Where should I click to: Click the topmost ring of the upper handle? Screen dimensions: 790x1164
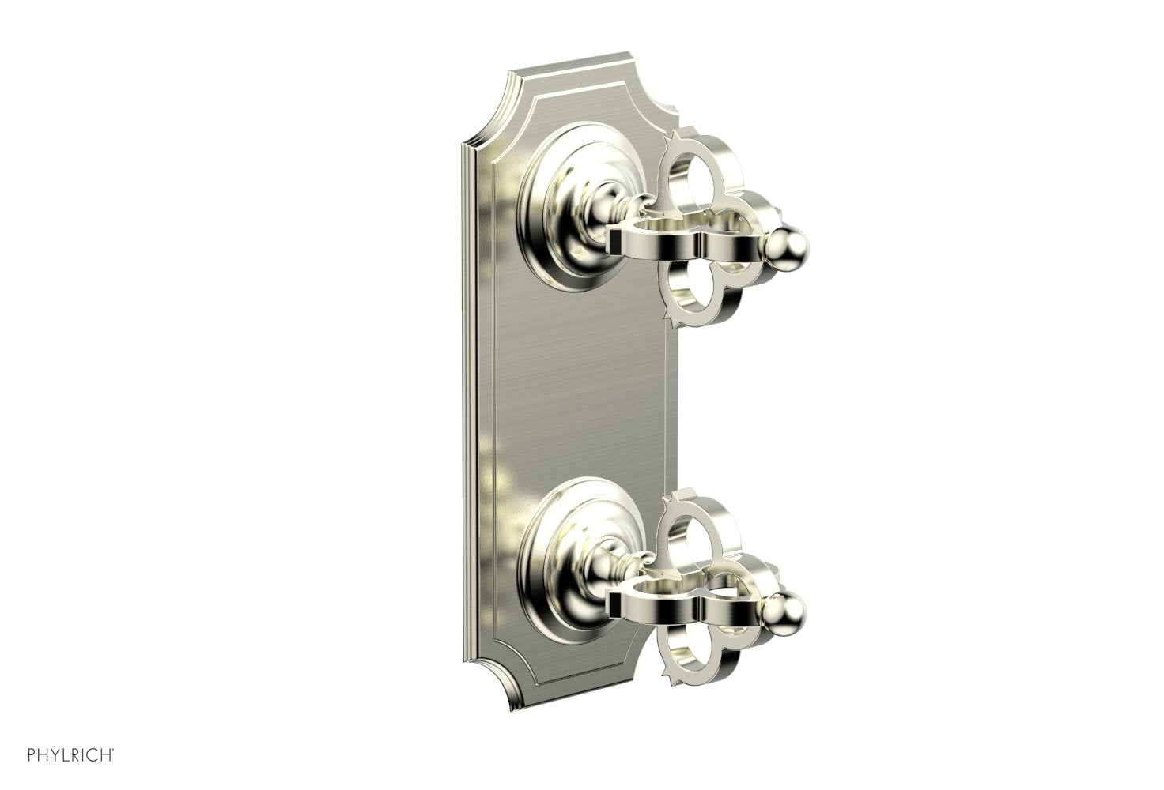click(x=699, y=169)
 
